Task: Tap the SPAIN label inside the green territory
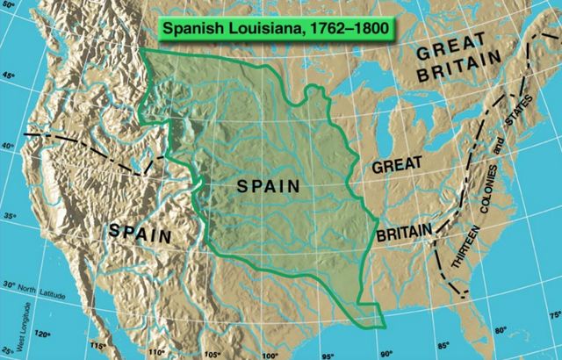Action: tap(268, 186)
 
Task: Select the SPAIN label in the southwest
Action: tap(140, 232)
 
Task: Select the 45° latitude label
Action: tap(10, 77)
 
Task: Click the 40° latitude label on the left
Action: tap(8, 148)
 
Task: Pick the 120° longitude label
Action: tap(42, 334)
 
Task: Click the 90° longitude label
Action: tap(385, 355)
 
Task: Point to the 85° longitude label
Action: tap(443, 345)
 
